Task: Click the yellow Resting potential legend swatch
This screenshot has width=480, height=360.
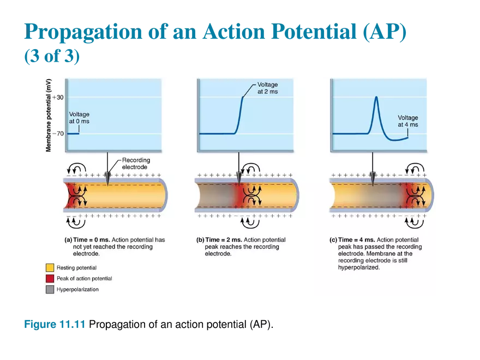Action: (50, 268)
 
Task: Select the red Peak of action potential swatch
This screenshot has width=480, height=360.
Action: (50, 279)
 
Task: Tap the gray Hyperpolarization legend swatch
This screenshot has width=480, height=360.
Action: (50, 290)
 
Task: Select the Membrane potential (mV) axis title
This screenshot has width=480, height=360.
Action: (49, 115)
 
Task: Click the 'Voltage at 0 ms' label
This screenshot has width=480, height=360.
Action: (79, 117)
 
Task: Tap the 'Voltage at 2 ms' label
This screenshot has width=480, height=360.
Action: (267, 88)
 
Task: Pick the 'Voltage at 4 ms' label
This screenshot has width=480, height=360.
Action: (407, 121)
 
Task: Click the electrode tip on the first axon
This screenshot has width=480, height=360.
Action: (107, 182)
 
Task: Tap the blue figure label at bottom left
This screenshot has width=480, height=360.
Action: (54, 325)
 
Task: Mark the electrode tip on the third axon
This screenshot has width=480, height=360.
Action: (373, 182)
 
